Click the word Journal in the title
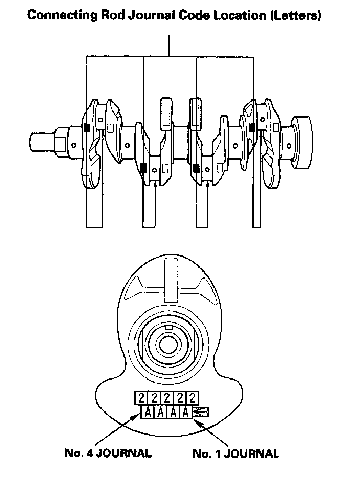click(152, 15)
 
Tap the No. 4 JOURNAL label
click(108, 453)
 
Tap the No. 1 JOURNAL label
click(236, 454)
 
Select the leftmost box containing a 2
click(141, 398)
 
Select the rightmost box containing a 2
click(193, 398)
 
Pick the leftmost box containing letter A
click(148, 412)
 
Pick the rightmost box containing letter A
click(185, 412)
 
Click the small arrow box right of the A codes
click(200, 412)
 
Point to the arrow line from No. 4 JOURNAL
click(118, 429)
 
